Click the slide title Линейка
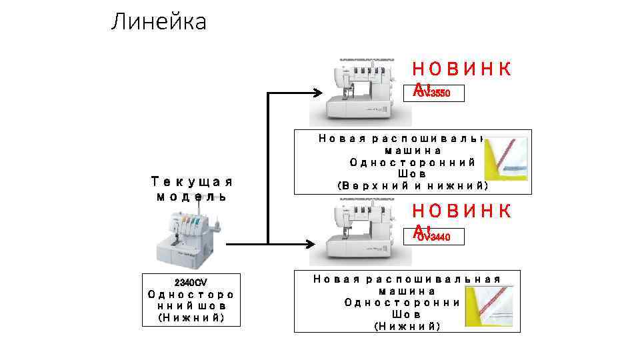(x=159, y=22)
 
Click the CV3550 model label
(x=435, y=93)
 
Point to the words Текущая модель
(x=191, y=188)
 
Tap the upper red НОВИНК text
(x=462, y=69)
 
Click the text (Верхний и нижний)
(x=413, y=185)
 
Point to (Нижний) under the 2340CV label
(x=190, y=317)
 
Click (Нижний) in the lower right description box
(x=407, y=325)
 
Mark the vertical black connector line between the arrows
(x=268, y=167)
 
